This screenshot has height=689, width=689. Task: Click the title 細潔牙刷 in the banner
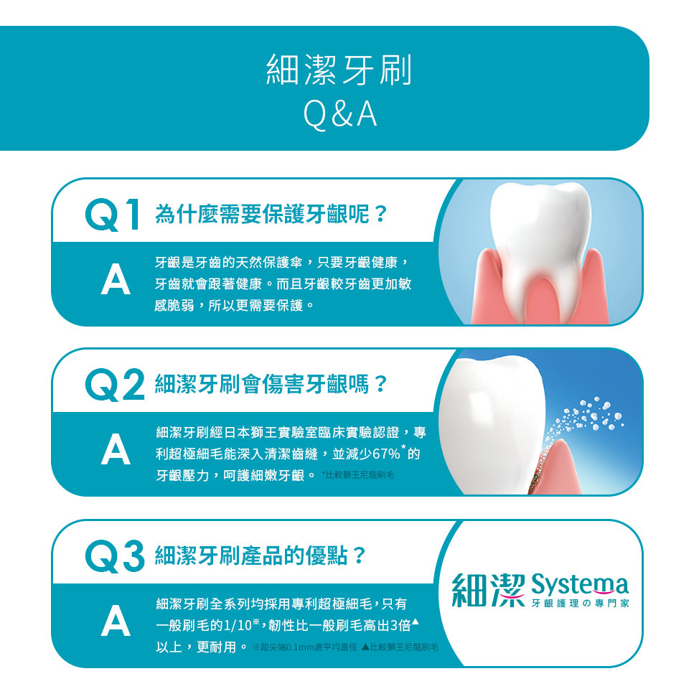[x=339, y=70]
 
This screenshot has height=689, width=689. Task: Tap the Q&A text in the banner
[x=340, y=114]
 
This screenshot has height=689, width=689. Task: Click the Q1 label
[x=113, y=215]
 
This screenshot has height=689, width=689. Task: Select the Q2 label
[x=115, y=385]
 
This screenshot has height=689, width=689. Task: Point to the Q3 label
[x=115, y=556]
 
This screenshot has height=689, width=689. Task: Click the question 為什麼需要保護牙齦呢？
[x=271, y=215]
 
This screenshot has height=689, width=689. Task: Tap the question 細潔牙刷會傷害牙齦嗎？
[x=271, y=385]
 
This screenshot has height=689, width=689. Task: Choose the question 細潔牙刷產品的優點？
[x=260, y=556]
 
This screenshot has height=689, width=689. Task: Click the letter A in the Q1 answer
[x=116, y=281]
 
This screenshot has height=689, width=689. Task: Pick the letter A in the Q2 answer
[x=116, y=451]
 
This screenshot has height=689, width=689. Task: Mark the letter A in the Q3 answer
[x=116, y=622]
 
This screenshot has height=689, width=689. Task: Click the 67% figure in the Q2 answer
[x=386, y=454]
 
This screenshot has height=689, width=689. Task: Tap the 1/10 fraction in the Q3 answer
[x=238, y=625]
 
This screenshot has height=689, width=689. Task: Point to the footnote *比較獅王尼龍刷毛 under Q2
[x=357, y=475]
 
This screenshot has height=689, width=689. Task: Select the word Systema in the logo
[x=580, y=585]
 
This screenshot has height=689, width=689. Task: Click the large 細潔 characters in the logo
[x=489, y=590]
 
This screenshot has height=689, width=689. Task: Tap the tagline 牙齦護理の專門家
[x=581, y=604]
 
